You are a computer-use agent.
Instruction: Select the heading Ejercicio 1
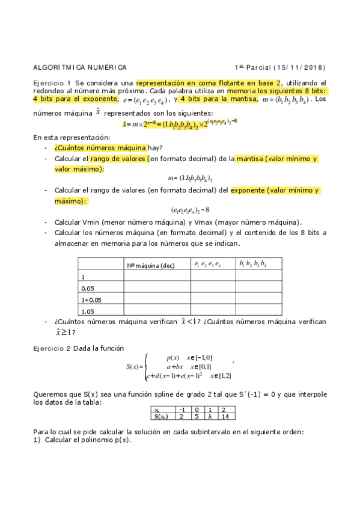pyautogui.click(x=52, y=83)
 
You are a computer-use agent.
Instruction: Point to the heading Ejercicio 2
pyautogui.click(x=52, y=348)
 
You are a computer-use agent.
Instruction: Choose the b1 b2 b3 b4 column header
pyautogui.click(x=252, y=264)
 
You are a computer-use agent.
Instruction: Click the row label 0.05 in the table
pyautogui.click(x=88, y=288)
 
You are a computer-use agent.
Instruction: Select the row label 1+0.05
pyautogui.click(x=91, y=300)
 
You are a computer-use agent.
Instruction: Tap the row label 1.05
pyautogui.click(x=88, y=311)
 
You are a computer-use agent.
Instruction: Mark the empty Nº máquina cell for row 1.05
pyautogui.click(x=156, y=311)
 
